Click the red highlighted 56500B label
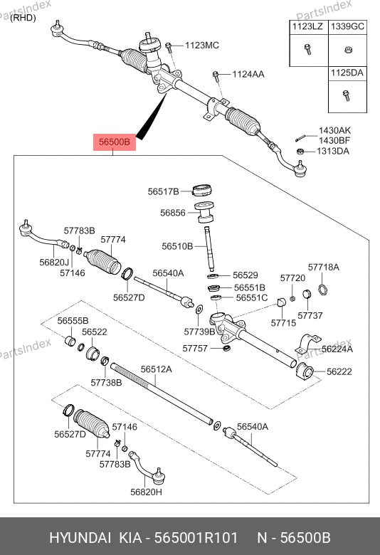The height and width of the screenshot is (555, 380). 115,142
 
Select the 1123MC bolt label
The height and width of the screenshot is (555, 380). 202,46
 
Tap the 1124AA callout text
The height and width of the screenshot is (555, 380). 248,74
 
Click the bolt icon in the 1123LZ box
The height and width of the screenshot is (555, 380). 307,50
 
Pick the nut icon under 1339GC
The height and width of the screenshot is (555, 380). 348,50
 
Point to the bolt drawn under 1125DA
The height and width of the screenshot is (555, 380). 347,95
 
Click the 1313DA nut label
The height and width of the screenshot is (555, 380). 333,151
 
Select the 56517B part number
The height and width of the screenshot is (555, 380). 163,191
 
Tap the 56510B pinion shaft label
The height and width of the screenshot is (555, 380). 177,246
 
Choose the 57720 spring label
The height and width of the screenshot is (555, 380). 292,278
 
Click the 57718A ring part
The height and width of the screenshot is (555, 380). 322,290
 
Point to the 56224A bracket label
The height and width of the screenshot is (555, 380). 337,349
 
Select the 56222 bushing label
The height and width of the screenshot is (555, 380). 339,371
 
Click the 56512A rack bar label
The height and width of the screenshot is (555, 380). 156,369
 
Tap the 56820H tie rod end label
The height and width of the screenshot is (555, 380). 147,492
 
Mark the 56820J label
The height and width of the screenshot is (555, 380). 54,263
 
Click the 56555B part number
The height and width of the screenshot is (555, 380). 73,321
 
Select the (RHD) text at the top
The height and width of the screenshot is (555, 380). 23,18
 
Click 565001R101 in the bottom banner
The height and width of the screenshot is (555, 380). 196,538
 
